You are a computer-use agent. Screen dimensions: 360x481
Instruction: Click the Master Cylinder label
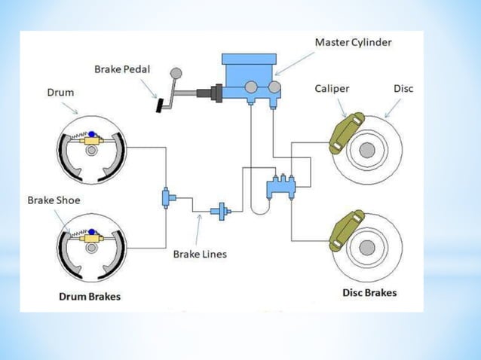[354, 41]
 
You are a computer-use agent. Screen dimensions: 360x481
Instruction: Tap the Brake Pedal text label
[122, 69]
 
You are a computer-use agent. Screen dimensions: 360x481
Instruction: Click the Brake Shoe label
[54, 200]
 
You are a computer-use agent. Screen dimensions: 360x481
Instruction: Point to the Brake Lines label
[200, 254]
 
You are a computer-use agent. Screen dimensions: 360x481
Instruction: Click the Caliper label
[332, 89]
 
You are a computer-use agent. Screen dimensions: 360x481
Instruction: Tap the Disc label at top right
[403, 89]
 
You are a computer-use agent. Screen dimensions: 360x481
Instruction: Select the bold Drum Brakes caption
[90, 296]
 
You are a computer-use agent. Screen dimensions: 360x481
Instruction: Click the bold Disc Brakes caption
[369, 292]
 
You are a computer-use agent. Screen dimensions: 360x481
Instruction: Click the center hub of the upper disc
[367, 150]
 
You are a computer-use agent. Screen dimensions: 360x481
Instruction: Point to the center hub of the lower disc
[367, 247]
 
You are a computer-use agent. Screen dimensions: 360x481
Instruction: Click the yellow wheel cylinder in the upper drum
[93, 140]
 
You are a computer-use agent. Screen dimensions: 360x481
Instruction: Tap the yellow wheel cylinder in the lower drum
[93, 237]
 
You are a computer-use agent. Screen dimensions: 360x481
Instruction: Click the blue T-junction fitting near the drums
[167, 198]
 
